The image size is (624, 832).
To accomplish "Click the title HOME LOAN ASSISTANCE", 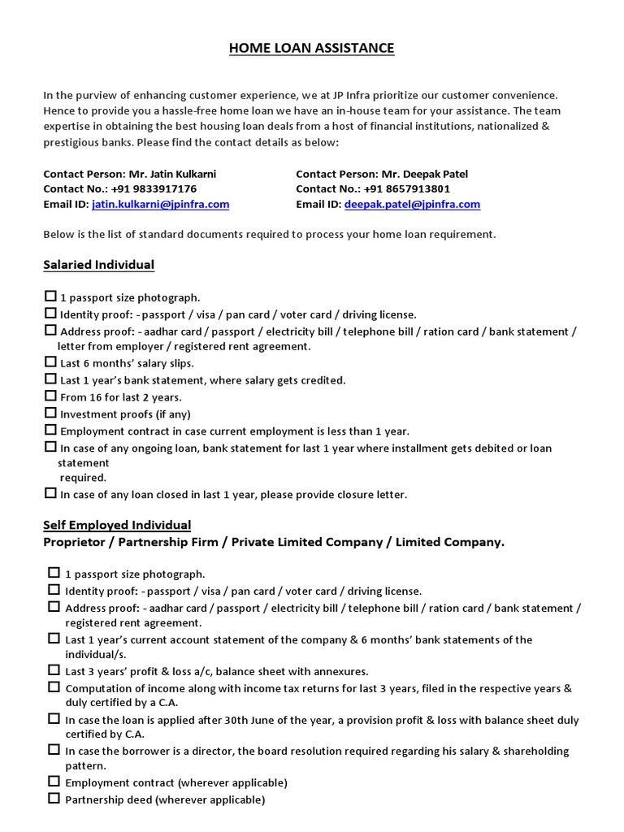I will (311, 49).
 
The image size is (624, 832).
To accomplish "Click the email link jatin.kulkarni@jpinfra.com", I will (160, 205).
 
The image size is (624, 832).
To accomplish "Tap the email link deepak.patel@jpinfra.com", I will (412, 205).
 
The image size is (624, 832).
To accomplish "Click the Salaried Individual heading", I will (98, 265).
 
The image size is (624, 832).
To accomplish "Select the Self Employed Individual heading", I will (117, 525).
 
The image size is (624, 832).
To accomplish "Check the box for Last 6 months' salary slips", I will (50, 362).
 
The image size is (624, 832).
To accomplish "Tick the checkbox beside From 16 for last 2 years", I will (50, 396).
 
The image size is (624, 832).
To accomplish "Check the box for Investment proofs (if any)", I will (50, 414).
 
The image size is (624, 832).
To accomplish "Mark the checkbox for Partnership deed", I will (54, 799).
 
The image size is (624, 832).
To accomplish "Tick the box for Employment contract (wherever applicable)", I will (54, 782).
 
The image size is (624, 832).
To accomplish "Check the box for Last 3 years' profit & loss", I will (54, 670).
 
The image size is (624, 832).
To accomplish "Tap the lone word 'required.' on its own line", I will (83, 478).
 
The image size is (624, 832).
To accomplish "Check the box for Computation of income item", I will (54, 687).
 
